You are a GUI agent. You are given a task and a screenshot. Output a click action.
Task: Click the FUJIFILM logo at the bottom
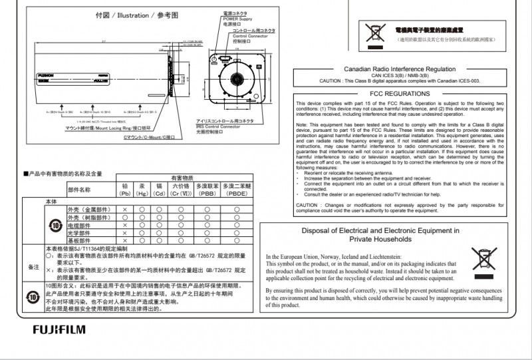[59, 329]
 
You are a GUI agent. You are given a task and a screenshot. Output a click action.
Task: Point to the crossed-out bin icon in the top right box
[375, 31]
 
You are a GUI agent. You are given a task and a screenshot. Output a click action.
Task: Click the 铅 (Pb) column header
[124, 190]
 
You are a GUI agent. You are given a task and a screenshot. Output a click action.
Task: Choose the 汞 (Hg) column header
[142, 190]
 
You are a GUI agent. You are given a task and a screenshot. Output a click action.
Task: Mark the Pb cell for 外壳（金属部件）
[124, 210]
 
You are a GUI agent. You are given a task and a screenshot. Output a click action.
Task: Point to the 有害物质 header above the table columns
[182, 178]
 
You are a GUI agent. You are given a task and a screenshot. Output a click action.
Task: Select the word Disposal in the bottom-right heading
[322, 230]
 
